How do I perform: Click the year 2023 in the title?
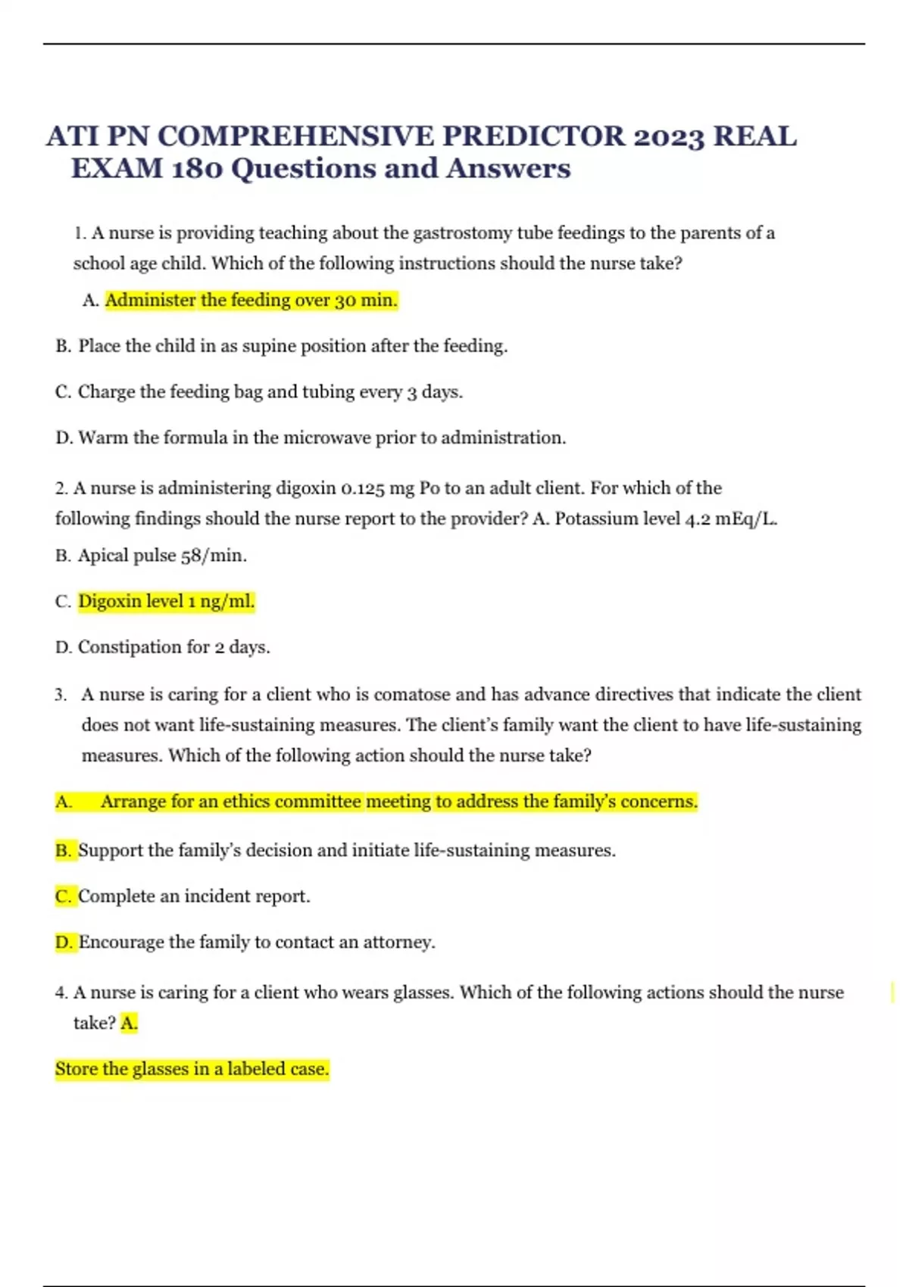[x=669, y=137]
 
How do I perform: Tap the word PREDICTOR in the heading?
[x=534, y=137]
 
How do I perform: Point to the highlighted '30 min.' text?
[x=366, y=301]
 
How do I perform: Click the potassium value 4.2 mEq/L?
[x=731, y=519]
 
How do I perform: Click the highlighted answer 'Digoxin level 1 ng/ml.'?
[x=166, y=601]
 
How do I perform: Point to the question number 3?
[x=61, y=695]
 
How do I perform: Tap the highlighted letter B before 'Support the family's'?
[x=63, y=851]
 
